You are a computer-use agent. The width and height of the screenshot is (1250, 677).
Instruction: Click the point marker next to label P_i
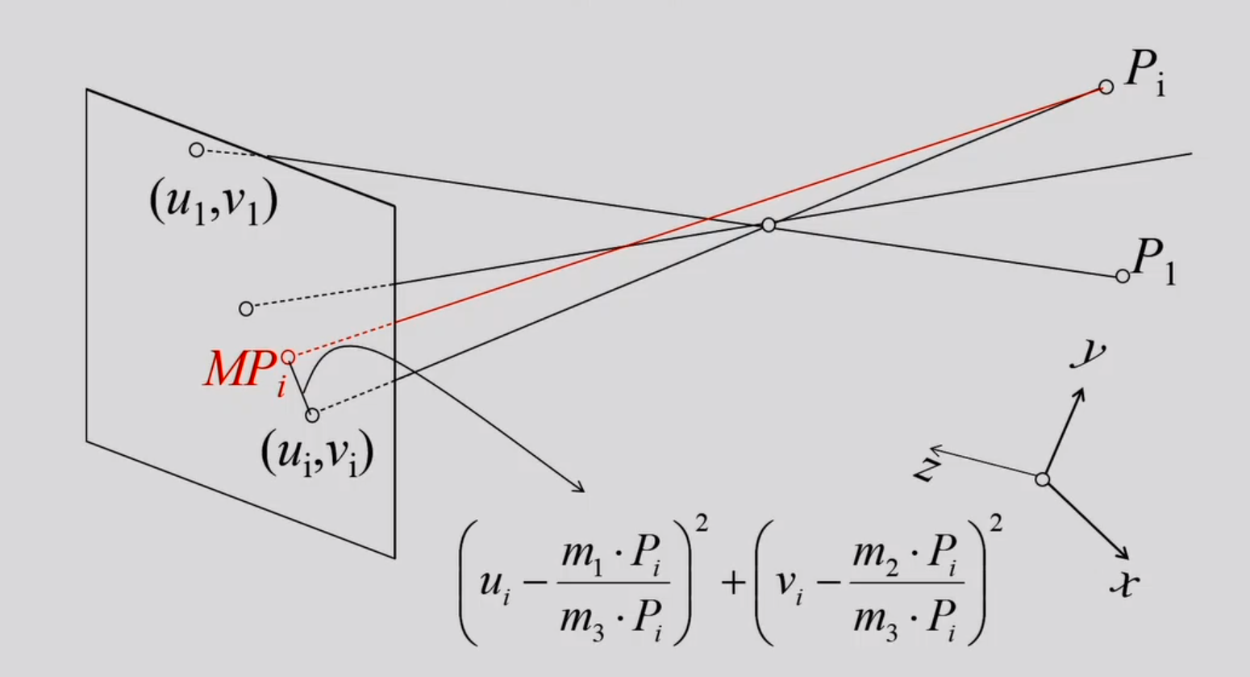[1106, 86]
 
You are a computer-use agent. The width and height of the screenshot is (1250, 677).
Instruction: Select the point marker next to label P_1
[1122, 276]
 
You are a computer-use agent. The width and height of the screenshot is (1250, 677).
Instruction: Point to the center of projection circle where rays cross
[769, 225]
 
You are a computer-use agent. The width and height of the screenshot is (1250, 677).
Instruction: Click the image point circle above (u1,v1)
[196, 149]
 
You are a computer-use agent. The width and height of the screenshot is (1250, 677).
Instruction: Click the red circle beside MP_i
[288, 356]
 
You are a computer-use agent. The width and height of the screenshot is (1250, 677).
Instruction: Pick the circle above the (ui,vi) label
[312, 416]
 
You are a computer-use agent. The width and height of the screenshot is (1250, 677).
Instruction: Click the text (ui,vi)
[318, 454]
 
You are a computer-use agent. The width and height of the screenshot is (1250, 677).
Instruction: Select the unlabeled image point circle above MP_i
[246, 308]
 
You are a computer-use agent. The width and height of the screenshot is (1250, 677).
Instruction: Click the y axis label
[1087, 353]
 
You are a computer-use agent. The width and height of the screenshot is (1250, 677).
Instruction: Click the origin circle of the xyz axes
[1042, 479]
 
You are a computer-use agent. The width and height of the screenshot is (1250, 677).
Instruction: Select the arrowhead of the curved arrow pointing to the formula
[578, 487]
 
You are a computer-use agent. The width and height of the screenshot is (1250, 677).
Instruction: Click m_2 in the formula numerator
[873, 554]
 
